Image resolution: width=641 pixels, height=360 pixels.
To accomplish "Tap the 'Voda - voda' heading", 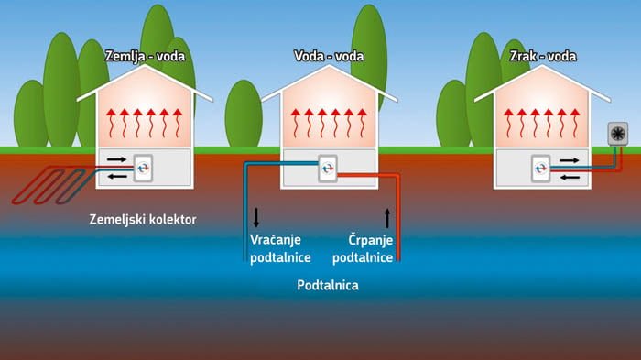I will click(329, 56).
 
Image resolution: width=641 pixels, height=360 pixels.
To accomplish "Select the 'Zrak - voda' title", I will click(540, 56).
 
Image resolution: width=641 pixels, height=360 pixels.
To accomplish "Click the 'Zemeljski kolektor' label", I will click(143, 220).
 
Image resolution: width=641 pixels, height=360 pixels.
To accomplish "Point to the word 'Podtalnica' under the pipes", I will click(328, 285).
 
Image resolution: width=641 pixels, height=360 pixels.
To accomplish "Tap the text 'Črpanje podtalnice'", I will click(370, 248).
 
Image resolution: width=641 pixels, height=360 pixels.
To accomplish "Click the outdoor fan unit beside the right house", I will click(618, 133).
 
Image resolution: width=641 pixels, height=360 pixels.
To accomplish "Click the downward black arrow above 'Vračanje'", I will click(256, 217).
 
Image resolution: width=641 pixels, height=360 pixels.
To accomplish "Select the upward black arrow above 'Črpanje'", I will click(386, 217).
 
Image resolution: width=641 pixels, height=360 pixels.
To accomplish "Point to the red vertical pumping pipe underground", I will click(400, 220).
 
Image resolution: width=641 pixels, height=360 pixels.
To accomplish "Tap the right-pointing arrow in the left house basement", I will click(117, 159).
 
